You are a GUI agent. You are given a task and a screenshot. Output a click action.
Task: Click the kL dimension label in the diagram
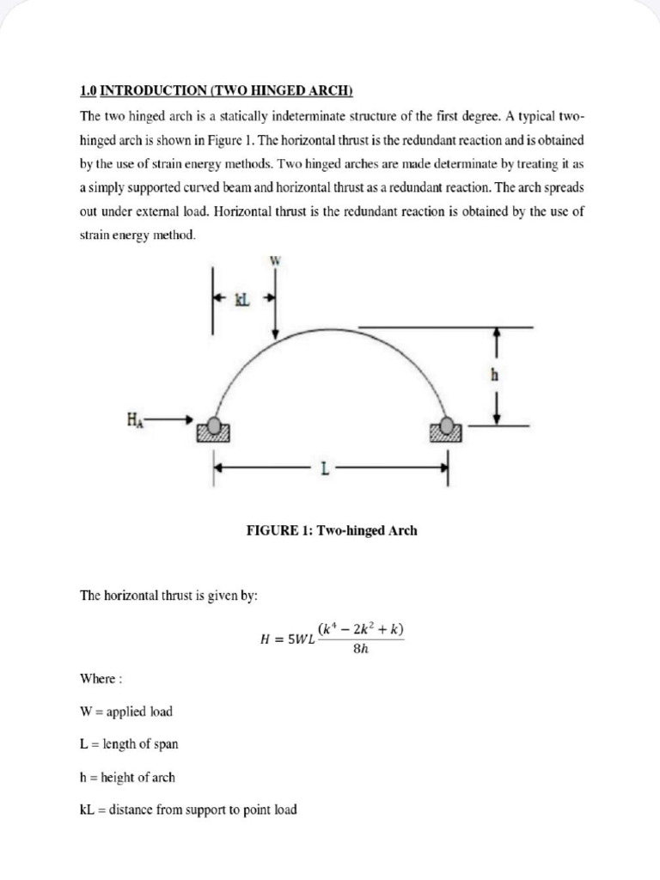coord(241,300)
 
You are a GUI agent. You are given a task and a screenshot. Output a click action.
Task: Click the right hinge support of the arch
coord(447,429)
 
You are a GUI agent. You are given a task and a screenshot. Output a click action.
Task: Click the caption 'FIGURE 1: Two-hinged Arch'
coord(332,530)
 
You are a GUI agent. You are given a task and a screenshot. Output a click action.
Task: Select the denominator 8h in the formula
coord(361,649)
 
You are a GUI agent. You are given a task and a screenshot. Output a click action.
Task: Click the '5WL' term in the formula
coord(297,639)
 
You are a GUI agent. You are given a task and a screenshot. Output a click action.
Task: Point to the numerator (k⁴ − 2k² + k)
coord(361,629)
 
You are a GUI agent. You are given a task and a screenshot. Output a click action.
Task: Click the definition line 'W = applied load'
coord(125,712)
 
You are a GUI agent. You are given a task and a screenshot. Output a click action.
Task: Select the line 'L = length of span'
coord(129,744)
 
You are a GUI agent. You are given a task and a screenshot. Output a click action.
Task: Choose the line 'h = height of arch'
coord(127,777)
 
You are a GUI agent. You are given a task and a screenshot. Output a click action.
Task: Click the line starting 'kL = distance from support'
coord(188,810)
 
